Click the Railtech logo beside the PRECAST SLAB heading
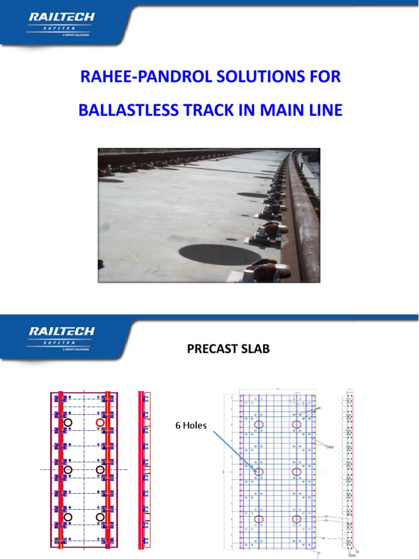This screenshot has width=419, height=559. [61, 336]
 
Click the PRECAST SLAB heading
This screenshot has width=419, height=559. [228, 349]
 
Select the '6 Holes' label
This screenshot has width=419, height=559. [191, 425]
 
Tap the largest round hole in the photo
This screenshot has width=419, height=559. [220, 254]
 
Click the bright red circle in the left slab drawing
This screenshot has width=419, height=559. [100, 423]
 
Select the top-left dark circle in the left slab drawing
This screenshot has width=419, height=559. [68, 423]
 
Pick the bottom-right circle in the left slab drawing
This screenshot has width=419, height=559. [100, 516]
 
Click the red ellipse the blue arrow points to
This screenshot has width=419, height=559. [259, 472]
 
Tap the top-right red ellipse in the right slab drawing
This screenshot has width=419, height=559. [297, 424]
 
